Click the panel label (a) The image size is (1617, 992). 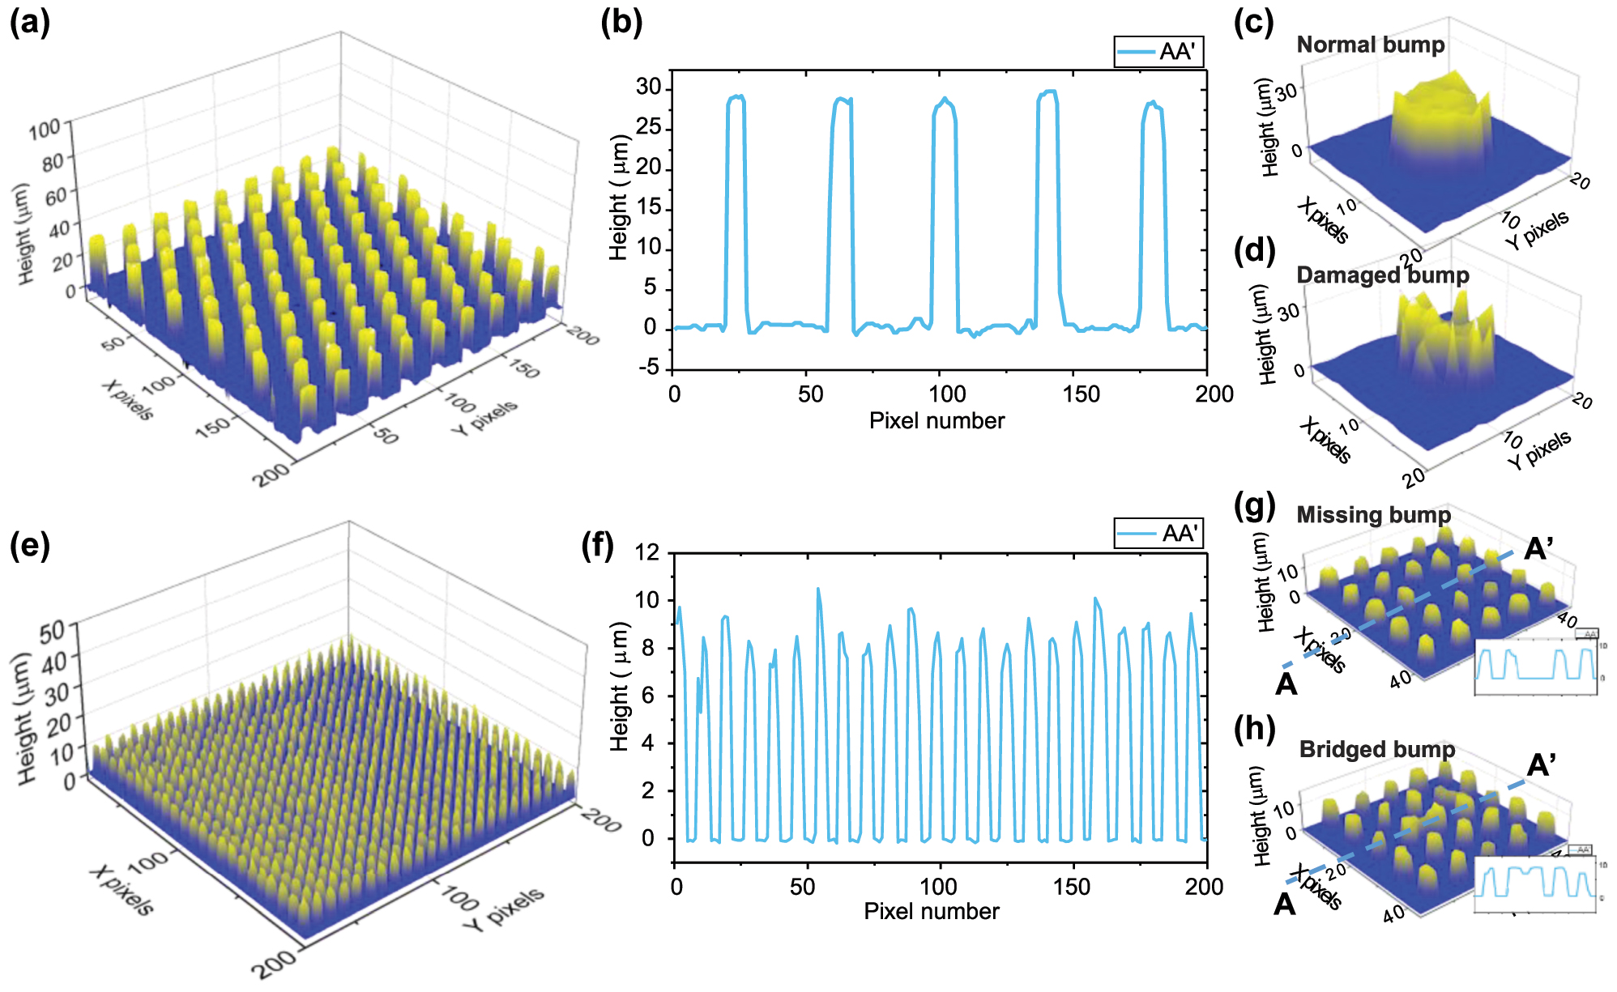30,23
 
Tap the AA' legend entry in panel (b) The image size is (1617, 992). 1158,52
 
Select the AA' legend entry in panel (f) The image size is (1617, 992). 1158,534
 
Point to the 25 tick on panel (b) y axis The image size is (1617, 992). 649,128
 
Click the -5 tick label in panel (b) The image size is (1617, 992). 649,368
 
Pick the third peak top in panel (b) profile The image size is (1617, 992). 945,99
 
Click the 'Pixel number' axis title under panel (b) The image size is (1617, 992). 936,421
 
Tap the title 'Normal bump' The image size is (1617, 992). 1371,45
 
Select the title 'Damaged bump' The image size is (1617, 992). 1383,275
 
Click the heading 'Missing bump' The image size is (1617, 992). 1374,515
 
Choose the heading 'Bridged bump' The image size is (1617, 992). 1377,749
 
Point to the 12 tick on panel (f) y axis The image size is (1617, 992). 648,553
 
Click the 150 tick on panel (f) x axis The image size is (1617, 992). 1072,887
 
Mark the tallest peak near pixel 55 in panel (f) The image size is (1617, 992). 817,590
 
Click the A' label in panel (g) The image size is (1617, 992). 1538,550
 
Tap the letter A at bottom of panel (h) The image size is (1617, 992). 1285,904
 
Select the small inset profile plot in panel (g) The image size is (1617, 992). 1536,666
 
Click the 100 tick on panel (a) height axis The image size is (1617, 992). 45,129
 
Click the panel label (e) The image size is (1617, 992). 30,547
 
